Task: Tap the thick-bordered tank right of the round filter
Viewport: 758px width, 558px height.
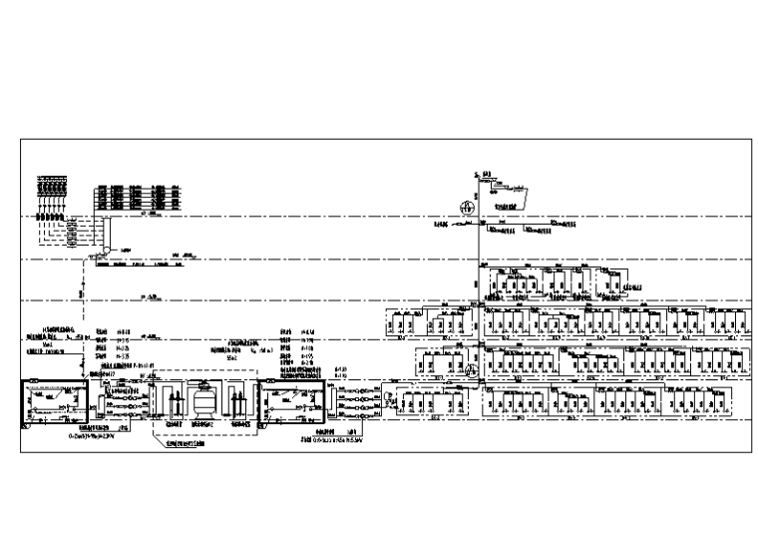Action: (x=290, y=405)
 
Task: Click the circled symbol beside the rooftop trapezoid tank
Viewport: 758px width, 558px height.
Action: (x=465, y=207)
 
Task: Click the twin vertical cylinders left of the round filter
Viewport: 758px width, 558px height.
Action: (x=171, y=405)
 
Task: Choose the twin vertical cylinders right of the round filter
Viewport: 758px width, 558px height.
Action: (x=236, y=405)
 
